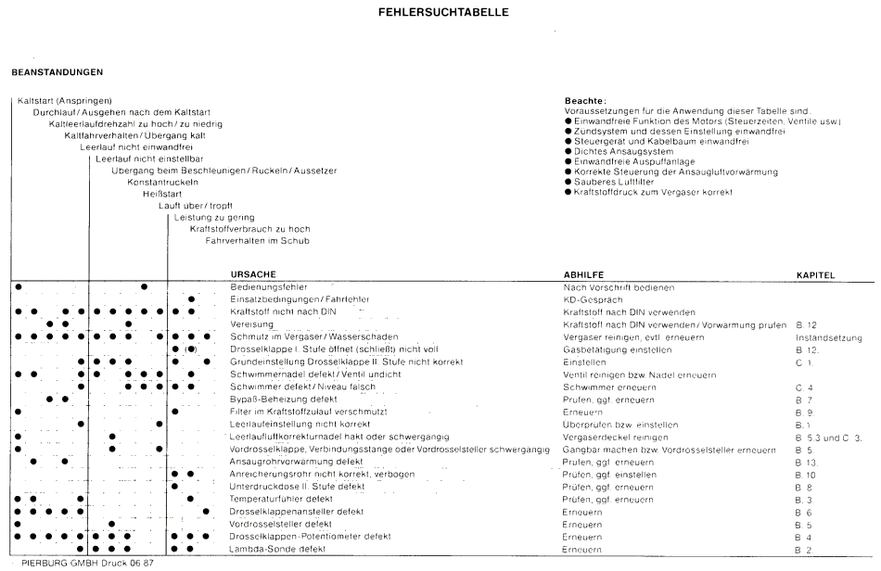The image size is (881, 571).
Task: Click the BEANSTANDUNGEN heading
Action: [x=56, y=71]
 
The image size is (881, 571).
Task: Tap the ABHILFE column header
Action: [x=584, y=275]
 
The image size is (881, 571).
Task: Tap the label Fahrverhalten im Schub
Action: [x=257, y=241]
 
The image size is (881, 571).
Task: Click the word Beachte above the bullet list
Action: [x=584, y=100]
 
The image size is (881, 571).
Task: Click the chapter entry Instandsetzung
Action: [x=828, y=337]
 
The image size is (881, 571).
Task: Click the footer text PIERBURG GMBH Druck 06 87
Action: [x=80, y=563]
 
